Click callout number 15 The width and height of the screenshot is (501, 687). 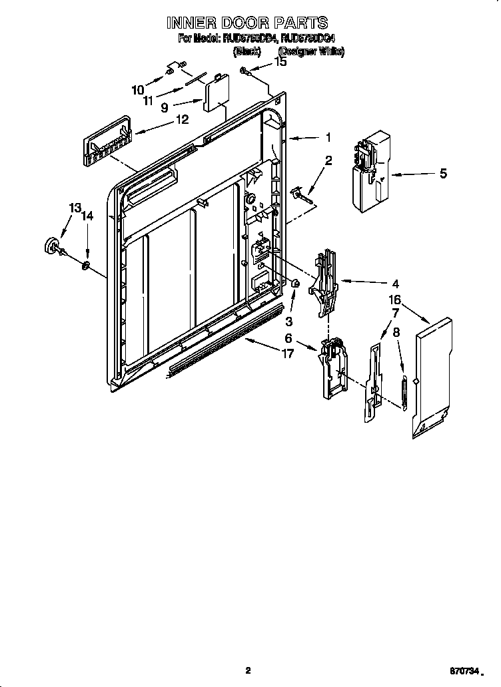click(x=280, y=62)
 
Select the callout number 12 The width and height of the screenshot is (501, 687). click(x=182, y=120)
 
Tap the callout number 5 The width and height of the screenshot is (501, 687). click(x=443, y=174)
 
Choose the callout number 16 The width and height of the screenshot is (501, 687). click(x=395, y=300)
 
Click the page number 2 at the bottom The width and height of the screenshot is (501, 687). click(x=247, y=670)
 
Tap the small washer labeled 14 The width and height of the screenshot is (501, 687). click(x=86, y=266)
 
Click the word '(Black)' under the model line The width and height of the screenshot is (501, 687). click(x=246, y=51)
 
